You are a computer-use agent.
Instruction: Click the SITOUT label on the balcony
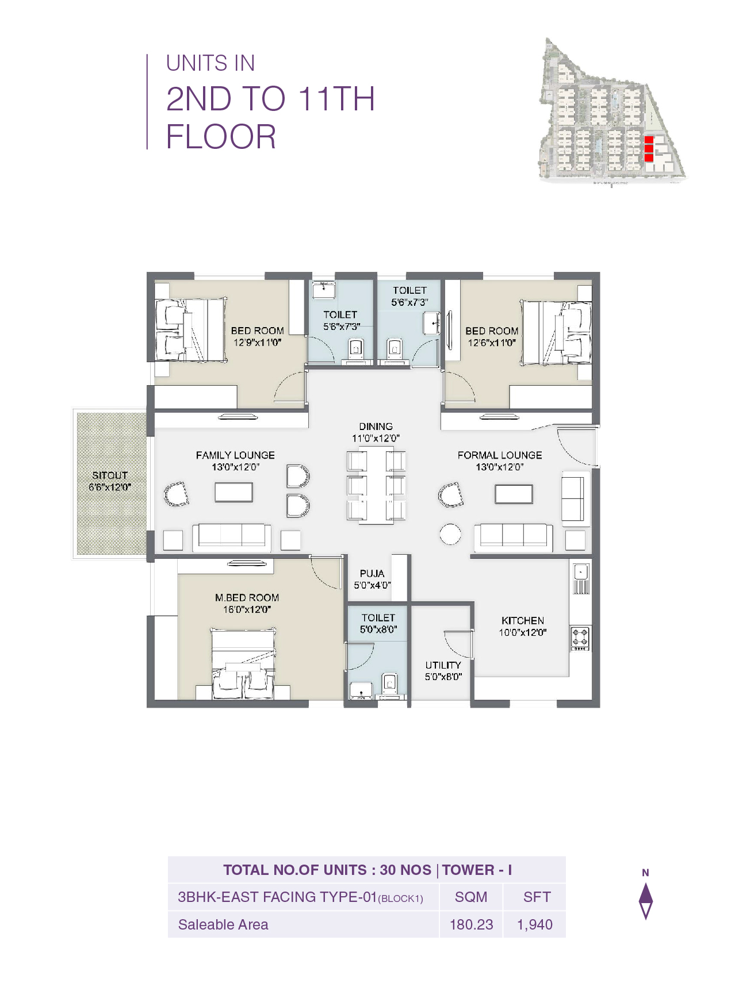click(109, 475)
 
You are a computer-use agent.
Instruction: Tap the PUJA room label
click(372, 574)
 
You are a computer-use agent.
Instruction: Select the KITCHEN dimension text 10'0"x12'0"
click(522, 632)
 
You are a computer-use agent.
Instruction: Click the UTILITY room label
click(443, 665)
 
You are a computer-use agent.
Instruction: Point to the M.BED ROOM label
click(247, 598)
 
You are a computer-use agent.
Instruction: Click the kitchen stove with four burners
click(580, 638)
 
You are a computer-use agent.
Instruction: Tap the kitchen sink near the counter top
click(581, 572)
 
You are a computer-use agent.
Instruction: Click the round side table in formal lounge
click(450, 534)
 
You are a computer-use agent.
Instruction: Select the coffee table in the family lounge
click(233, 493)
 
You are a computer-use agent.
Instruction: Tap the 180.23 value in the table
click(471, 924)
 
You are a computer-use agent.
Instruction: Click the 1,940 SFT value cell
click(534, 924)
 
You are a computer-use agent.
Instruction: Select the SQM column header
click(471, 897)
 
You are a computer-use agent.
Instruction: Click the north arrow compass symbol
click(646, 900)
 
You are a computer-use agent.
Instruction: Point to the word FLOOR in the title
click(221, 137)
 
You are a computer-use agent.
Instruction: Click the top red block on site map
click(649, 140)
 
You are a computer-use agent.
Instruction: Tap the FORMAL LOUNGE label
click(499, 455)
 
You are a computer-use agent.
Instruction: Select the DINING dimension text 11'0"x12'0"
click(376, 438)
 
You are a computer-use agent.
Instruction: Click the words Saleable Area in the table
click(223, 924)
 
